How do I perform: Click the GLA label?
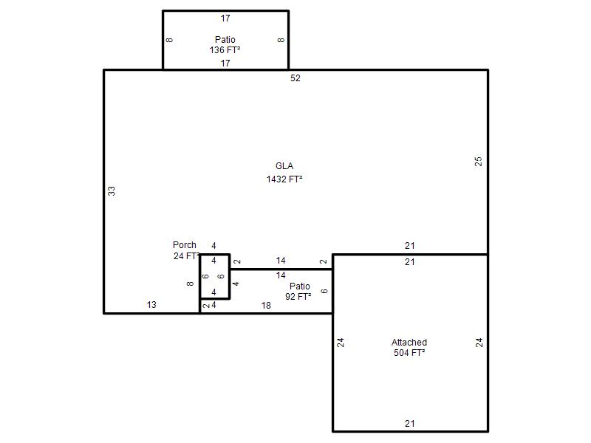coord(284,165)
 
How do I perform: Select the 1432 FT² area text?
coord(284,179)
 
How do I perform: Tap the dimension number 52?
coord(295,78)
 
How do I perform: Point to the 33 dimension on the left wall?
coord(112,191)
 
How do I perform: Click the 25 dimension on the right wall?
coord(478,162)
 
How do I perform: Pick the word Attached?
coord(409,343)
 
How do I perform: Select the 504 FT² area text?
coord(409,353)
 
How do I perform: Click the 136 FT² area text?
coord(225,49)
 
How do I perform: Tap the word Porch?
coord(184,245)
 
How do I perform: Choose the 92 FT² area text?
coord(298,297)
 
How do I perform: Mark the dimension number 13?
coord(151,304)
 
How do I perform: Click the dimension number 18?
coord(266,306)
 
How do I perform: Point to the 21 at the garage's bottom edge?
coord(410,423)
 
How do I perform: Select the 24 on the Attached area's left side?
coord(341,343)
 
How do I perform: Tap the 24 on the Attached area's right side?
coord(479,343)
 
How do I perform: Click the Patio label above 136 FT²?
coord(225,40)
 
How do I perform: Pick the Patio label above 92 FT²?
coord(300,286)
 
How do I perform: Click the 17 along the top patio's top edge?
coord(225,18)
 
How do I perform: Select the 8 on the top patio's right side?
coord(281,40)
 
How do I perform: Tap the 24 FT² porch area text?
coord(186,255)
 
